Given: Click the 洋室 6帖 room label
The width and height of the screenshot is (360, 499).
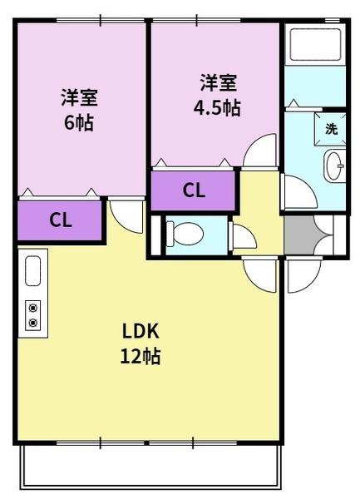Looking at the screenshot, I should pos(78,109).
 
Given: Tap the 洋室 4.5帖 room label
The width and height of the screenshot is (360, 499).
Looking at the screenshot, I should pos(219,96).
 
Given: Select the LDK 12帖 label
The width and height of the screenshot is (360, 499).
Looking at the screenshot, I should pos(141,343).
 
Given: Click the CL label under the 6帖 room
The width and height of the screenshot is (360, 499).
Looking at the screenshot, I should pos(60,220).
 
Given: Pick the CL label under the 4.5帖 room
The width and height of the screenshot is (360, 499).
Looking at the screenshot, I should pos(194,190).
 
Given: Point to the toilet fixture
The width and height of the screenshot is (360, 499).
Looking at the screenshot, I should pos(185,235).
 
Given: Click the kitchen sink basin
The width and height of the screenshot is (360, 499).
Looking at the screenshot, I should pos(33,271).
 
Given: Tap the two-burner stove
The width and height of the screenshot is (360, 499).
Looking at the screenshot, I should pos(33,314).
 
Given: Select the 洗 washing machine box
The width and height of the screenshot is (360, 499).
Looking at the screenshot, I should pos(331,129).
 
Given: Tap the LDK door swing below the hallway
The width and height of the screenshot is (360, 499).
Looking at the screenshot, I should pos(260,274).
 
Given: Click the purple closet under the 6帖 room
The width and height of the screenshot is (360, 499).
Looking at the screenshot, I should pos(60,220).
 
